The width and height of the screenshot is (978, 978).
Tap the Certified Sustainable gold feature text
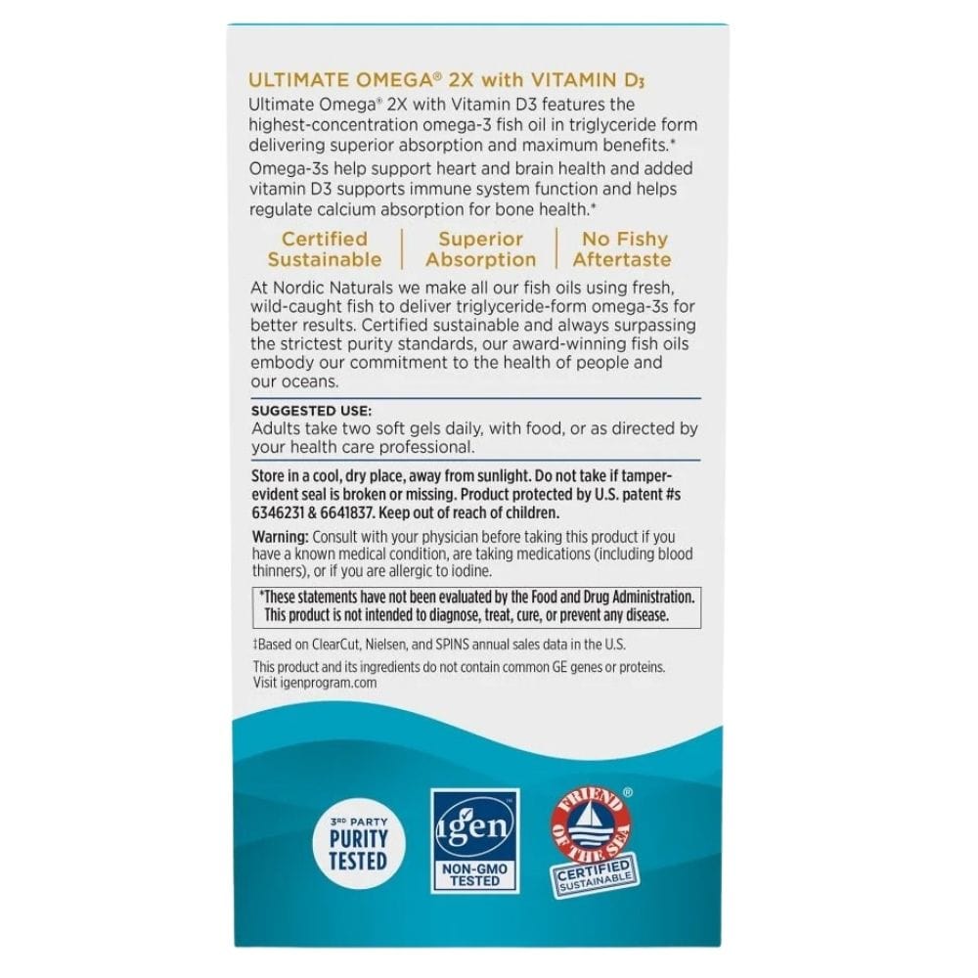(x=325, y=249)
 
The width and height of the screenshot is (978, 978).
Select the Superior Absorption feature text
(x=480, y=249)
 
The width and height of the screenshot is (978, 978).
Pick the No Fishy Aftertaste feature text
(x=623, y=249)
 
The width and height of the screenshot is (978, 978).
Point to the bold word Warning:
(x=281, y=537)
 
